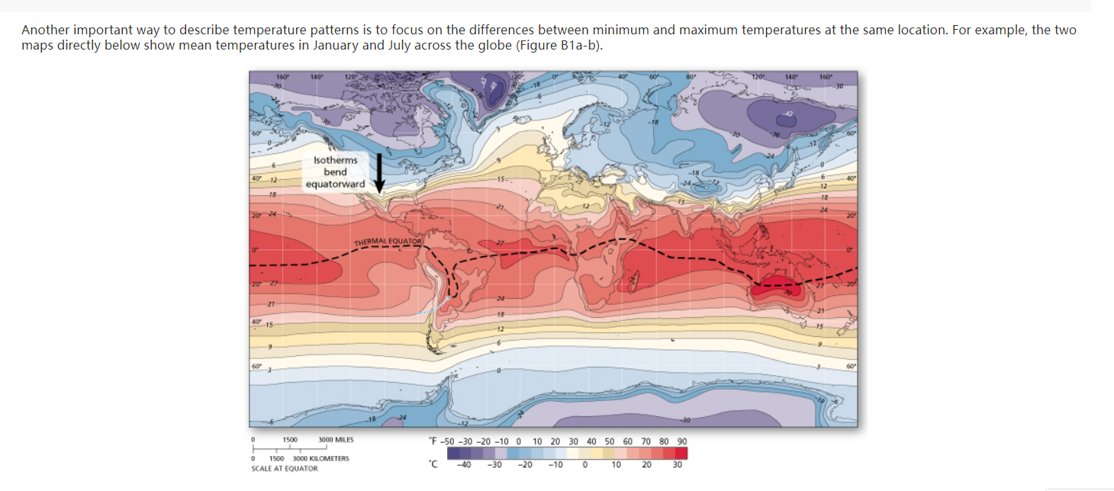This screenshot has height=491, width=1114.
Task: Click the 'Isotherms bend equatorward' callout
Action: (335, 172)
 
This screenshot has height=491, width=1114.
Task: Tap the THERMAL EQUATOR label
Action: (388, 242)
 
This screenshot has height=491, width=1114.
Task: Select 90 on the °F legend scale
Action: (681, 441)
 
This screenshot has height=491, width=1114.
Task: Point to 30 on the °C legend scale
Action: (676, 464)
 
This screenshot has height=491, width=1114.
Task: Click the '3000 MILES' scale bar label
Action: (336, 440)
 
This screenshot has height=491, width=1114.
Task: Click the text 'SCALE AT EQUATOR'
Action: (284, 468)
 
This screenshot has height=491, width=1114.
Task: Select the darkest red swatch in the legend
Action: (681, 453)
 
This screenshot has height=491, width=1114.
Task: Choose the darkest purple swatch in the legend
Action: (453, 453)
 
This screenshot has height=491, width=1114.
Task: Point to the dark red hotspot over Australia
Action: (777, 290)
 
